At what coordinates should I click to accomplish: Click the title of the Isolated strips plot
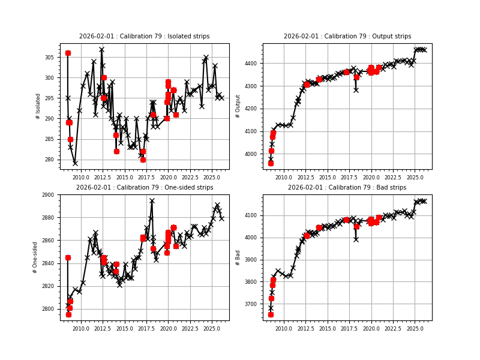point(144,37)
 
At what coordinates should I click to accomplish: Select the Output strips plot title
point(347,37)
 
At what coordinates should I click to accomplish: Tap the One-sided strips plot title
point(144,188)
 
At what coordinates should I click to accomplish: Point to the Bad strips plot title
point(347,188)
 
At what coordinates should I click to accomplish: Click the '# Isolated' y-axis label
point(38,106)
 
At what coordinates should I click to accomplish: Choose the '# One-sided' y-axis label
point(36,257)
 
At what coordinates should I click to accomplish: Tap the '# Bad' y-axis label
point(238,257)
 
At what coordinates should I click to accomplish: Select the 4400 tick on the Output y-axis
point(251,64)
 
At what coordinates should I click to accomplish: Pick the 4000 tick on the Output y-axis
point(251,154)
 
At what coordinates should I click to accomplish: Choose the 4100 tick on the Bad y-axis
point(251,215)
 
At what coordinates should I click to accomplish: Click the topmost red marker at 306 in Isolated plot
point(68,53)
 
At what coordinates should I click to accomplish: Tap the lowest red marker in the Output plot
point(271,163)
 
